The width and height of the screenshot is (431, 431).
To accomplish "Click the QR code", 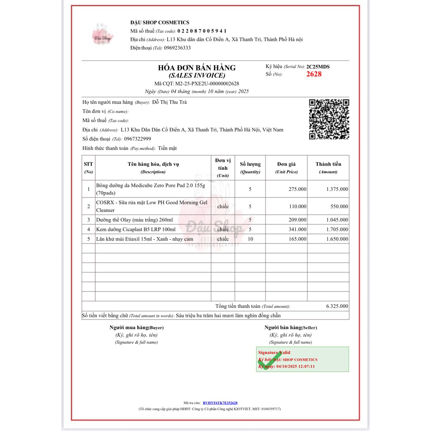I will [329, 119].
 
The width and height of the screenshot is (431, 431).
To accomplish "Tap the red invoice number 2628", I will [314, 74].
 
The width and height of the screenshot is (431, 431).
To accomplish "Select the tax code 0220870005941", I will [202, 31].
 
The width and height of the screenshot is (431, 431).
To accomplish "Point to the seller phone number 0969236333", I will [177, 48].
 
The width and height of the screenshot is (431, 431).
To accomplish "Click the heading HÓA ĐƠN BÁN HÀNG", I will [197, 67].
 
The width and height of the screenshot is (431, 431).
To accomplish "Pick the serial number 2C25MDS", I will [318, 67].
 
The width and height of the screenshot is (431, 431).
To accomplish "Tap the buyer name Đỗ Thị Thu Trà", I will [169, 102].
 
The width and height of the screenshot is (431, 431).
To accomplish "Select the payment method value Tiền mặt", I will [167, 148].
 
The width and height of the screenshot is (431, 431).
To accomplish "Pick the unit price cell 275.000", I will [297, 189].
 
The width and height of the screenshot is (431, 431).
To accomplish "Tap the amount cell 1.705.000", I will [337, 230].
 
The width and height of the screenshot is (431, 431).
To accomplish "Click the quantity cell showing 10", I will [250, 239].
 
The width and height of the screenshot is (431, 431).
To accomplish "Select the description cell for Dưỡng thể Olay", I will [131, 220].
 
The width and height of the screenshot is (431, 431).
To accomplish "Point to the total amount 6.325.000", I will [337, 306].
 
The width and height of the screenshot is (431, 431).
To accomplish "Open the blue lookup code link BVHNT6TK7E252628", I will [220, 403].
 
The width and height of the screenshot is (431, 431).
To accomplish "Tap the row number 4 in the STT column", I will [88, 230].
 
